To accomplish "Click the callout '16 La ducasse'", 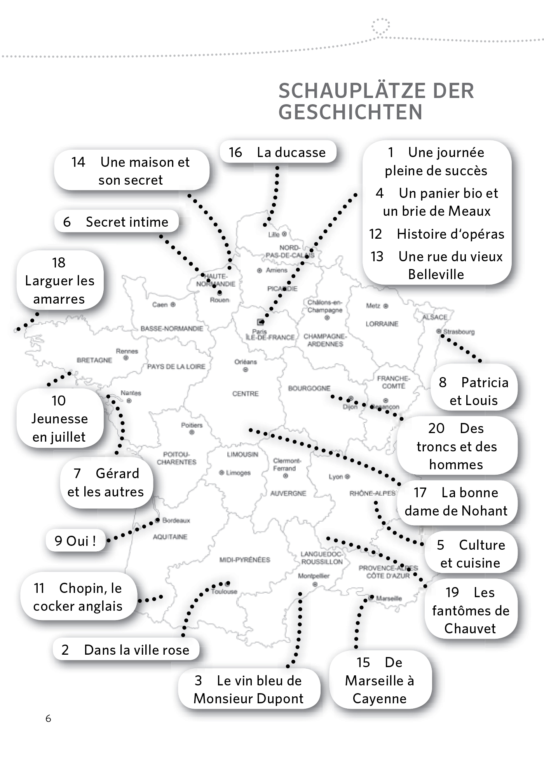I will pyautogui.click(x=277, y=152).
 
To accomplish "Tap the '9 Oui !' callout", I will pyautogui.click(x=75, y=540).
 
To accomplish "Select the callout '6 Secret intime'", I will pyautogui.click(x=116, y=222).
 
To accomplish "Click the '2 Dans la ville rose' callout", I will pyautogui.click(x=126, y=650).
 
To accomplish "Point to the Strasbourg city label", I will pyautogui.click(x=459, y=332).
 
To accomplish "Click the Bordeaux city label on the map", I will pyautogui.click(x=176, y=520).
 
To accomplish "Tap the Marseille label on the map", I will pyautogui.click(x=389, y=598).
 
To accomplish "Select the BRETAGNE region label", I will pyautogui.click(x=94, y=360).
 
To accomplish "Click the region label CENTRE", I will pyautogui.click(x=245, y=393).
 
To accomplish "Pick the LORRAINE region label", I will pyautogui.click(x=382, y=323).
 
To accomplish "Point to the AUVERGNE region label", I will pyautogui.click(x=288, y=493).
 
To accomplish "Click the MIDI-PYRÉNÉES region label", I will pyautogui.click(x=244, y=559).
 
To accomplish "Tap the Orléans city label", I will pyautogui.click(x=246, y=362).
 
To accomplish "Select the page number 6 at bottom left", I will pyautogui.click(x=48, y=718).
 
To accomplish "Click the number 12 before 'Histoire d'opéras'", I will pyautogui.click(x=375, y=234).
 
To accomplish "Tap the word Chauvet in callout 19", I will pyautogui.click(x=470, y=628).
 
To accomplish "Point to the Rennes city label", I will pyautogui.click(x=127, y=351).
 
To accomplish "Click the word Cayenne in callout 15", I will pyautogui.click(x=379, y=698).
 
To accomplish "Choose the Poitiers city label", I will pyautogui.click(x=192, y=425).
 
